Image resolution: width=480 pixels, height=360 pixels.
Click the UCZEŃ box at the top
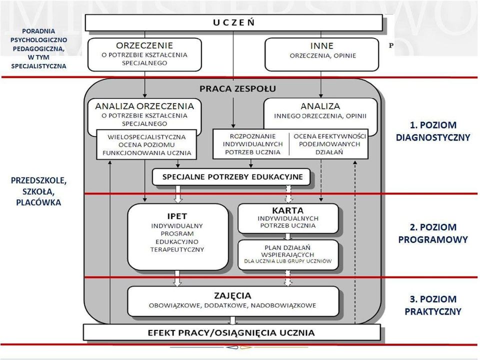click(233, 22)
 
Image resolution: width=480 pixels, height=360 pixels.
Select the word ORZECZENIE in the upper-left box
click(144, 45)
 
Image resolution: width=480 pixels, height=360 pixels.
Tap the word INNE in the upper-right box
click(321, 46)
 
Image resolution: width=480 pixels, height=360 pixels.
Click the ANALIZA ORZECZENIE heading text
click(144, 106)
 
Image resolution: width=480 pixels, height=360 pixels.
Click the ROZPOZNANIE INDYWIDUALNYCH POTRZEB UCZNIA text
click(253, 144)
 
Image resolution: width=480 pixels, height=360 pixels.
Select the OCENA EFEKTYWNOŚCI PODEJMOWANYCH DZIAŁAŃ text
click(329, 144)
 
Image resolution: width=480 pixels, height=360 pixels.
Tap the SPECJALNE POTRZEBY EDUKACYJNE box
click(231, 177)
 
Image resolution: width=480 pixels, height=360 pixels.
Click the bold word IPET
click(177, 216)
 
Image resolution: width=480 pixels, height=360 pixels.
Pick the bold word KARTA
click(288, 210)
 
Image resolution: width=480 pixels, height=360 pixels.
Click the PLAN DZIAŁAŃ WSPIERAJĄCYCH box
click(288, 255)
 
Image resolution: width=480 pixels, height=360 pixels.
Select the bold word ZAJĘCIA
click(232, 295)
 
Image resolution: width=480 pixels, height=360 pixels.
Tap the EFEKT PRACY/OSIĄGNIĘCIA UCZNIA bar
click(231, 333)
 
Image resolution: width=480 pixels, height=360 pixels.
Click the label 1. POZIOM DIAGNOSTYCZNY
click(433, 131)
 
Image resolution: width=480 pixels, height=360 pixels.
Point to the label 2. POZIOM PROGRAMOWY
click(433, 233)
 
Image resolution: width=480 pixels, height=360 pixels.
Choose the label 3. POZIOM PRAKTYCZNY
click(433, 305)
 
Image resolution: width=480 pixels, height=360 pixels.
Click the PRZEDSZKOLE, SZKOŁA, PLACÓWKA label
click(38, 191)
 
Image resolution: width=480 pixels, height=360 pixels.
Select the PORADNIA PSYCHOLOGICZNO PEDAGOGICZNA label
click(38, 48)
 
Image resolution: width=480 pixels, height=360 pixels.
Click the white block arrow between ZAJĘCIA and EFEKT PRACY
click(233, 320)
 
